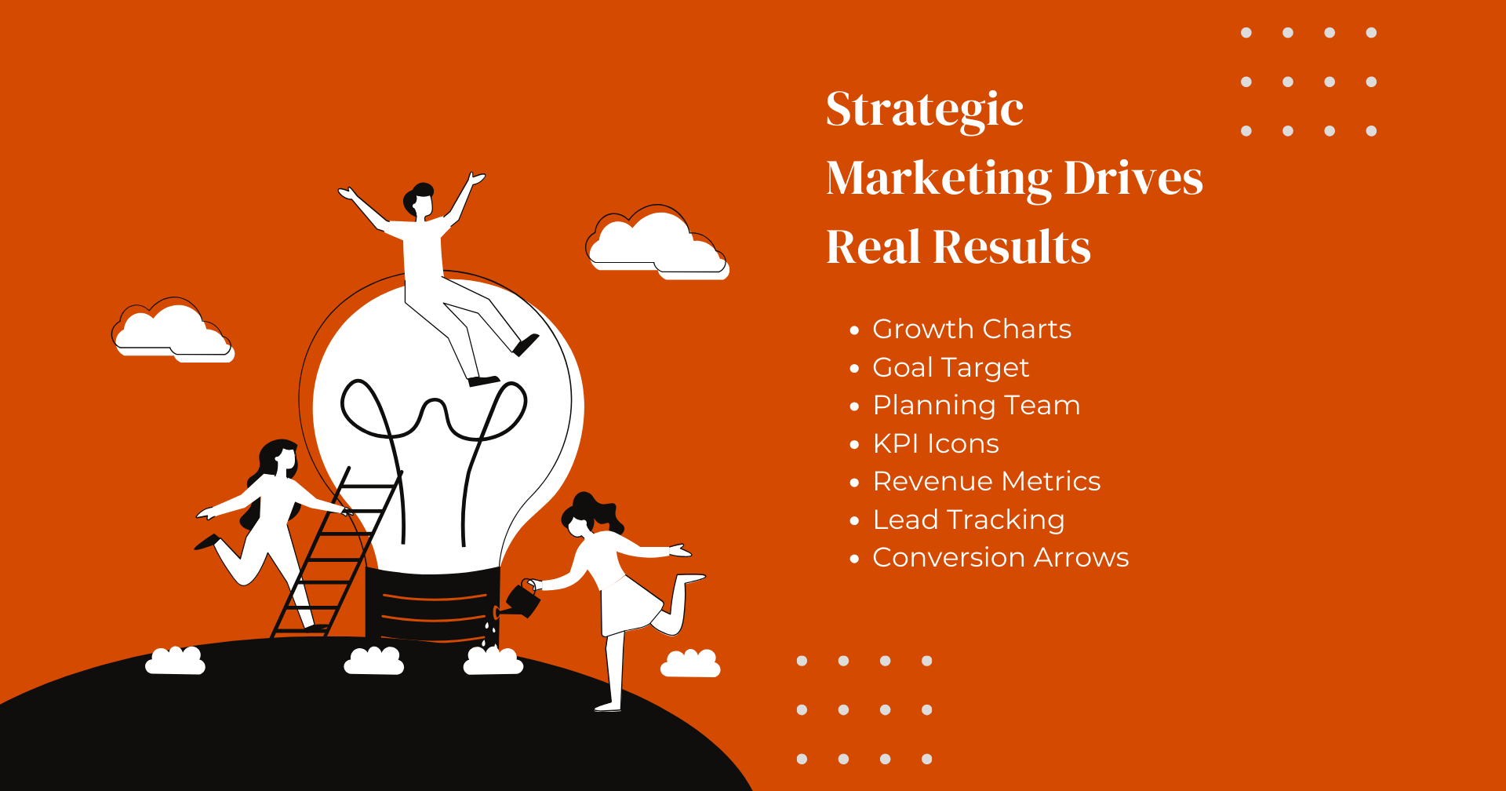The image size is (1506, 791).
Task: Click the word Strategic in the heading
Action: [924, 110]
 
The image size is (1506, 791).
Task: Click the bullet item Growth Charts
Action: [971, 329]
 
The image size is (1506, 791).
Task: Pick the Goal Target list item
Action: [950, 367]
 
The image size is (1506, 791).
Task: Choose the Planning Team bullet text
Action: [976, 405]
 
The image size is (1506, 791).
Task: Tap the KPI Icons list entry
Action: [935, 443]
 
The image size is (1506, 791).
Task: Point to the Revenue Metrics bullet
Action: [986, 481]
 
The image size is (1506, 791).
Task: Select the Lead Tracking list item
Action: [968, 519]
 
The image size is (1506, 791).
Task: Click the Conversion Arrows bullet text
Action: [1000, 557]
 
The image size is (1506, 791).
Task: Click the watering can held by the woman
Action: [522, 600]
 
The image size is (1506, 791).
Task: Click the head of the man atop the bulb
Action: [420, 200]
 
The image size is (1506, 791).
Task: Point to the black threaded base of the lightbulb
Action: [433, 604]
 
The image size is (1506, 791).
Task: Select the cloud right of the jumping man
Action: [657, 243]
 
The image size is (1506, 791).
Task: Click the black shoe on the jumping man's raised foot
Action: [526, 344]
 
